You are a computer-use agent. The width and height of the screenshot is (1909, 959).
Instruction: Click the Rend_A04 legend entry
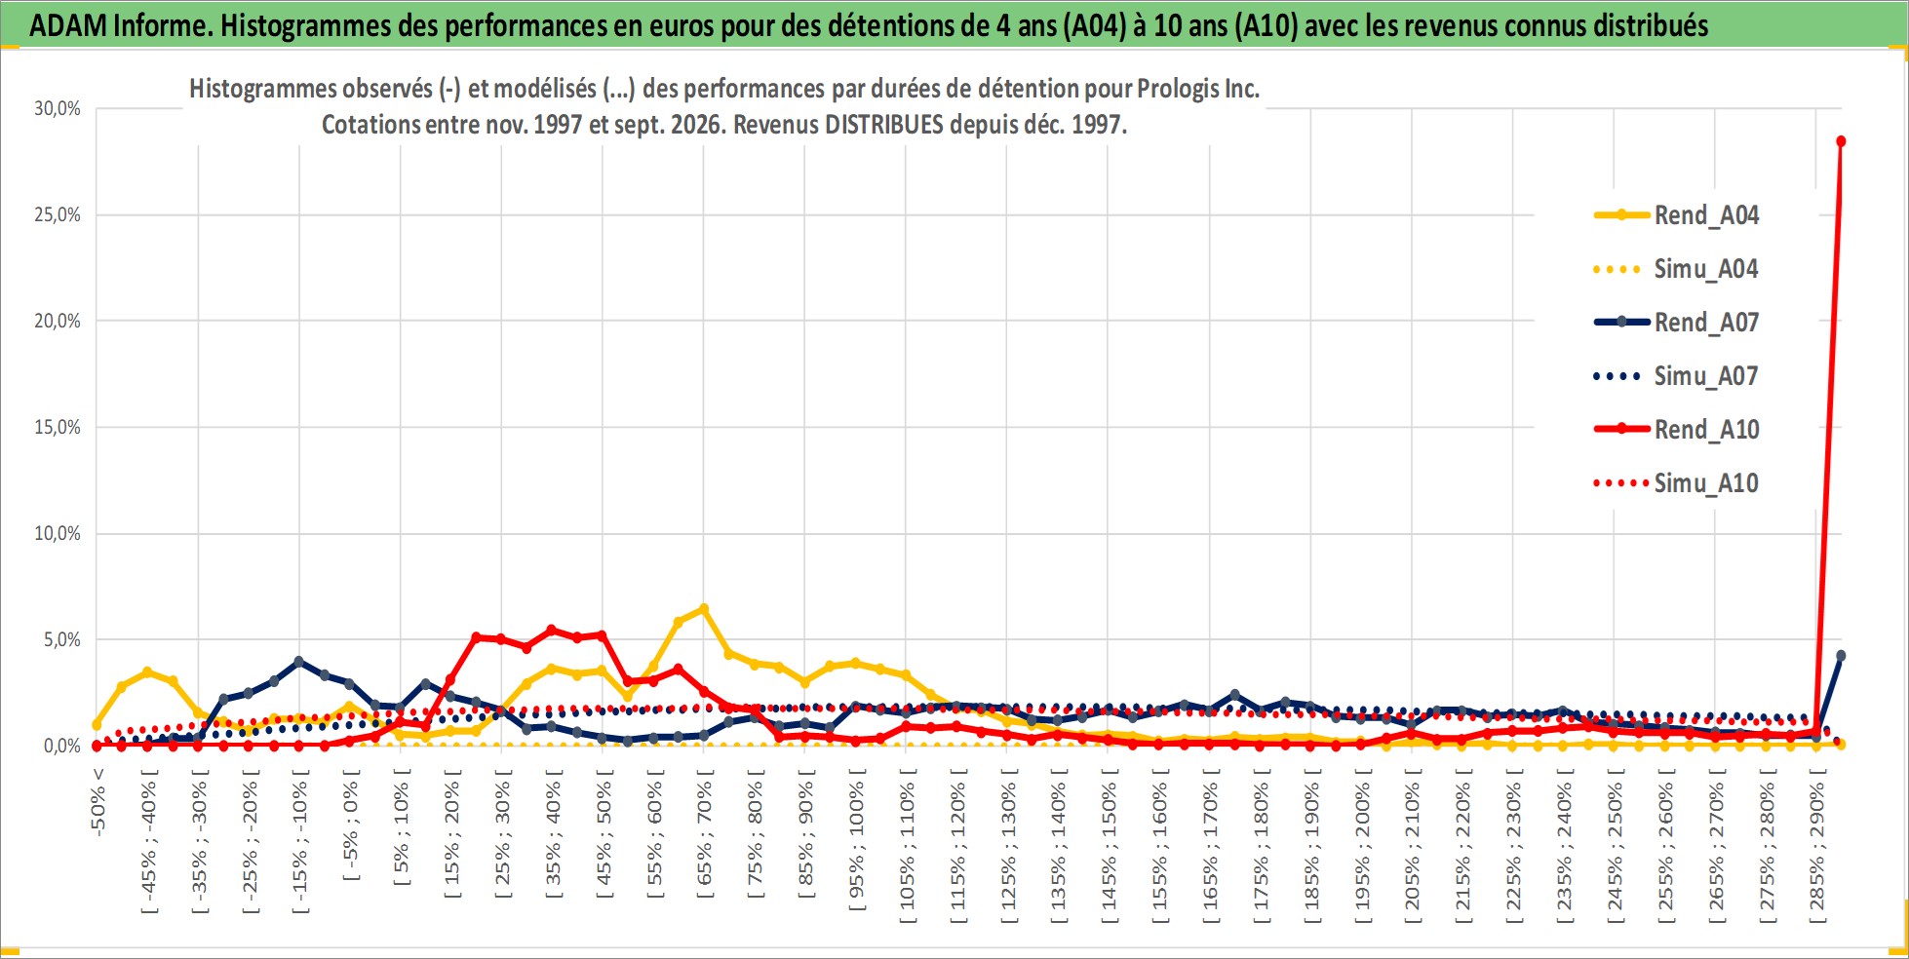tap(1676, 215)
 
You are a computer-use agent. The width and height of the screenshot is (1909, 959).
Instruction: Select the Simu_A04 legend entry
tap(1676, 269)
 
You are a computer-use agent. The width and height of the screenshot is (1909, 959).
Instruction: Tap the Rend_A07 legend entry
tap(1676, 323)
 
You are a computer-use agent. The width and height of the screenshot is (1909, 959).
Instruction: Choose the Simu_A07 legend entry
tap(1676, 376)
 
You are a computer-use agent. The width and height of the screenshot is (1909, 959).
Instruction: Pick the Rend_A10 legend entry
tap(1676, 430)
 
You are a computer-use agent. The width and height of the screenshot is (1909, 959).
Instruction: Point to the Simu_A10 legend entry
tap(1676, 483)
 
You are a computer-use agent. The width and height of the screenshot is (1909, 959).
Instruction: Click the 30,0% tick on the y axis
tap(58, 108)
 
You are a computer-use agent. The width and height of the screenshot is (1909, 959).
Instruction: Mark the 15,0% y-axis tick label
tap(58, 427)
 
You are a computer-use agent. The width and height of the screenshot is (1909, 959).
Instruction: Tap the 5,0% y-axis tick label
tap(62, 639)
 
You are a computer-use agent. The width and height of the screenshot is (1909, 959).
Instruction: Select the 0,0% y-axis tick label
tap(62, 746)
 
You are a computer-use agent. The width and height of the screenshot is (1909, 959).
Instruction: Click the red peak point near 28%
tap(1841, 141)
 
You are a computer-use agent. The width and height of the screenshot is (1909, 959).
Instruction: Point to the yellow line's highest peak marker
tap(704, 609)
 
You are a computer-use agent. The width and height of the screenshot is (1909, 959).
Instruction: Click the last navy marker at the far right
tap(1841, 656)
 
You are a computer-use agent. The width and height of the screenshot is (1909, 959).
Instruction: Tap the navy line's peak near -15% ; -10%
tap(299, 662)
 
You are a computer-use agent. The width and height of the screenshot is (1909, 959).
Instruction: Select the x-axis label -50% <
tap(97, 801)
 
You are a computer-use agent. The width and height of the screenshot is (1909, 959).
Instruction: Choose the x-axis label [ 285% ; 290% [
tap(1816, 844)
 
